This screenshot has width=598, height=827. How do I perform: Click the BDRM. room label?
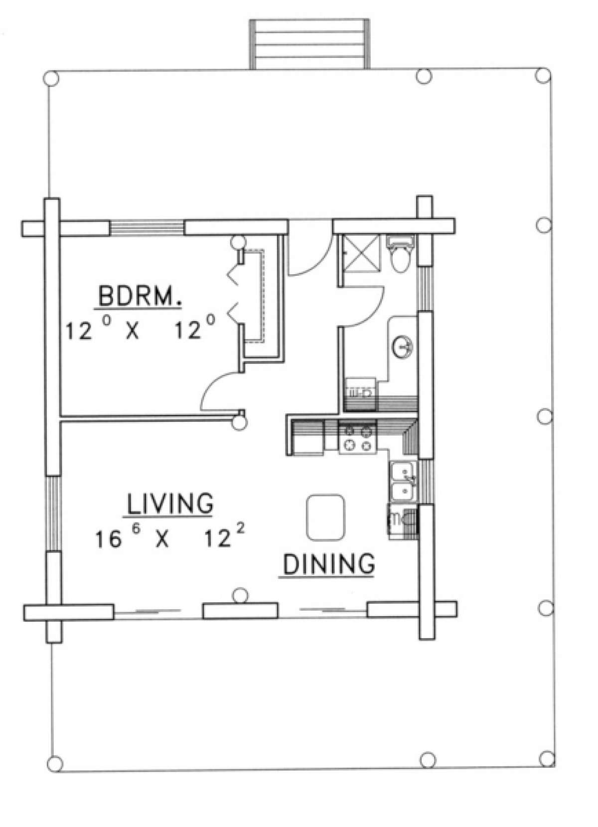point(139,298)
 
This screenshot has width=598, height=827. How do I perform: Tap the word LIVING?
point(169,504)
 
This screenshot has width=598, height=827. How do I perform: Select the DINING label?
point(328,564)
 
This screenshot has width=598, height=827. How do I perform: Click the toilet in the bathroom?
point(401,255)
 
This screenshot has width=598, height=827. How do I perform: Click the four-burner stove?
point(357,438)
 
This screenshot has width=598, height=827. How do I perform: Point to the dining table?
point(326,517)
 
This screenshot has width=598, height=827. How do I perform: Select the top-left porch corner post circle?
point(51,78)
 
